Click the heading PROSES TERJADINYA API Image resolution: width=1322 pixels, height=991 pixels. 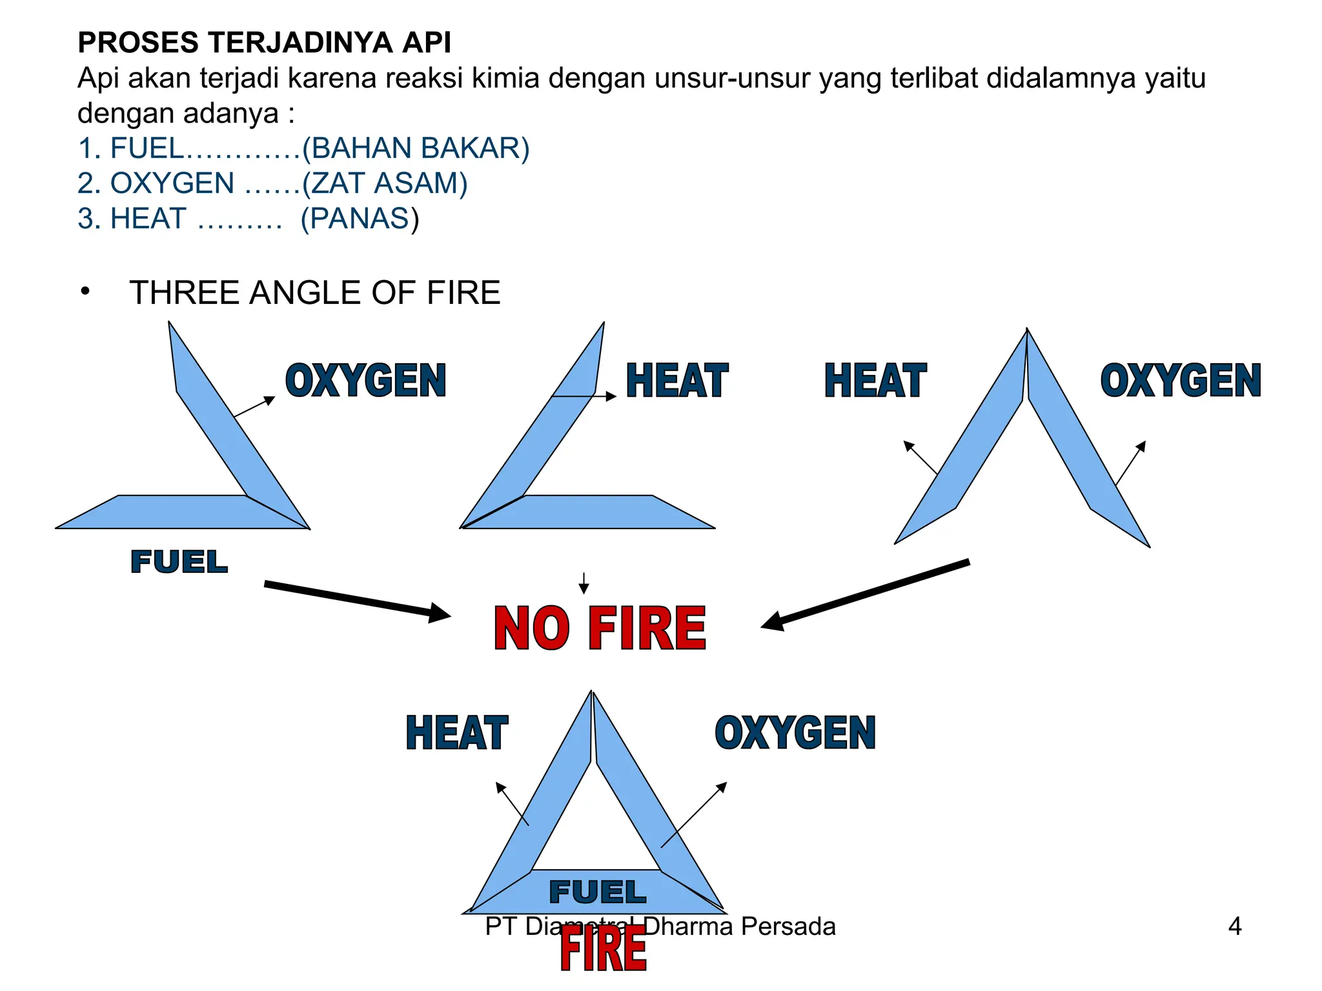pos(264,43)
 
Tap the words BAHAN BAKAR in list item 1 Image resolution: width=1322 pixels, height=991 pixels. pos(416,148)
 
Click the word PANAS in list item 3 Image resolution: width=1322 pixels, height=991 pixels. pos(360,219)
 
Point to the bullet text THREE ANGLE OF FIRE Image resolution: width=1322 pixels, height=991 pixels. pos(314,293)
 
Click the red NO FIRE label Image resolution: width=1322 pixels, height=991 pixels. pos(600,628)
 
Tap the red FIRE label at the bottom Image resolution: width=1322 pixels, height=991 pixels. pos(603,950)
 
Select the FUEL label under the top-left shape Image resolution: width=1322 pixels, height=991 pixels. pos(179,562)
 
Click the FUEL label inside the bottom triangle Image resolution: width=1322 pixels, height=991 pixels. pos(597,892)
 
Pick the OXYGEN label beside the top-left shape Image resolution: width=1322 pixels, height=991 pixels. pos(365,380)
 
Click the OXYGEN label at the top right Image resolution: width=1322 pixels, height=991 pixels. pos(1181,380)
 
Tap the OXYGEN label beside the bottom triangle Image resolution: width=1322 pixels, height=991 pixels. pos(795,733)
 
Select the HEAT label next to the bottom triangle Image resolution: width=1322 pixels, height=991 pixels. pos(457,733)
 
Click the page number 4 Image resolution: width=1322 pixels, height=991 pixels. pos(1234,926)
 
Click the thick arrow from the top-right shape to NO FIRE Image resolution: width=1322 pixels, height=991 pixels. pos(865,594)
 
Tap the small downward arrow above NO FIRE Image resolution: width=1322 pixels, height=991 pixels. pos(584,583)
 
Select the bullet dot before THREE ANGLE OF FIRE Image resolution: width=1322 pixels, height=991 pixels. pos(85,292)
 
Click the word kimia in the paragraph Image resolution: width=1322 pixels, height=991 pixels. pos(505,78)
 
